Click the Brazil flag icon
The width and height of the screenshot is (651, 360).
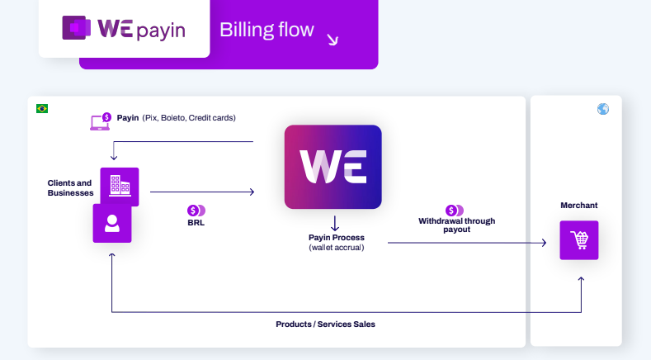(42, 108)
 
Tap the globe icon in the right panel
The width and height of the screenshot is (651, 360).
(603, 109)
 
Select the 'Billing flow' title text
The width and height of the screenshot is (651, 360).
(267, 30)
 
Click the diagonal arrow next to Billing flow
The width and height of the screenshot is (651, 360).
(333, 40)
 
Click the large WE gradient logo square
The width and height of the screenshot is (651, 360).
(333, 167)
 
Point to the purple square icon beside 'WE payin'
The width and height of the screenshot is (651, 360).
(77, 28)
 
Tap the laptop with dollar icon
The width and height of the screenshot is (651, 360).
(101, 121)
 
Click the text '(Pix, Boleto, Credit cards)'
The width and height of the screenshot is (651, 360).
(189, 118)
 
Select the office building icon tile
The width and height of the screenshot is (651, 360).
(120, 186)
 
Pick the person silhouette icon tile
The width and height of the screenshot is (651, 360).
(112, 223)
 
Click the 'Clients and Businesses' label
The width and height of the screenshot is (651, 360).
(70, 188)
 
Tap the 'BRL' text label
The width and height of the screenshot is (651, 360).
(196, 222)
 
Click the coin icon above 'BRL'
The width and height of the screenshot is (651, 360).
(196, 211)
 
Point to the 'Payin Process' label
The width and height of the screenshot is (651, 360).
(337, 237)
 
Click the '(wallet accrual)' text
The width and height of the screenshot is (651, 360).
(337, 248)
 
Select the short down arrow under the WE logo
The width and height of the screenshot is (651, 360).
(335, 223)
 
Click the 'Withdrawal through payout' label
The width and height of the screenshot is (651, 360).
(457, 225)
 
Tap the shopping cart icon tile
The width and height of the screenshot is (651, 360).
(579, 240)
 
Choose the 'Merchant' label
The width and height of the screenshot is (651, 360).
(578, 206)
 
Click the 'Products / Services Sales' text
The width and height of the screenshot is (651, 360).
(325, 324)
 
